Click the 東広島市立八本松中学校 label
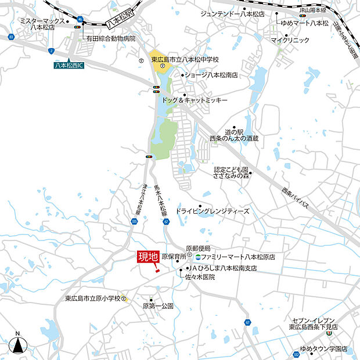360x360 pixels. (x=185, y=59)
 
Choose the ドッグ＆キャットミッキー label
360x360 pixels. (x=195, y=100)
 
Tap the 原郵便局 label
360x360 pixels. (x=198, y=248)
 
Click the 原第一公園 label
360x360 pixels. (x=158, y=305)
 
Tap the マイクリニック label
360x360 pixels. (x=290, y=40)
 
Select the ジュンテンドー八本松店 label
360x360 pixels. (x=232, y=13)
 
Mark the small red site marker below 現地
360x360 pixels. (x=157, y=268)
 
